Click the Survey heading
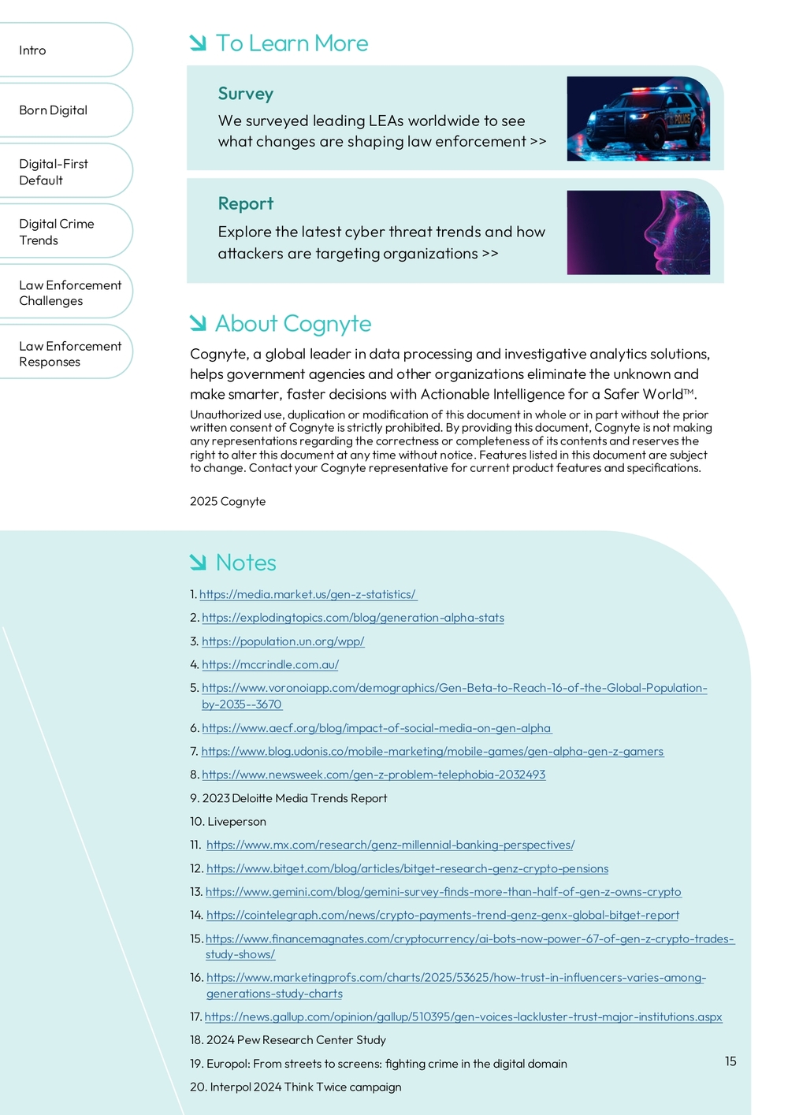(x=245, y=94)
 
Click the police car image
(x=637, y=119)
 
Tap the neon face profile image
(x=637, y=232)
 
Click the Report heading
(x=245, y=203)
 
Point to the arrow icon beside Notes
(x=198, y=562)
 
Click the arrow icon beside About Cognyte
(x=198, y=323)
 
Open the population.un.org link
(x=283, y=641)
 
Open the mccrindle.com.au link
(x=270, y=664)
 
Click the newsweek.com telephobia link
(x=374, y=775)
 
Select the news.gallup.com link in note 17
(x=463, y=1017)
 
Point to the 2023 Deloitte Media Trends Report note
(x=295, y=798)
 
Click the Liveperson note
(x=236, y=821)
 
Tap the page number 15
(x=730, y=1061)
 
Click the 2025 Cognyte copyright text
(x=228, y=501)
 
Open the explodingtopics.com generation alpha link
(x=353, y=618)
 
